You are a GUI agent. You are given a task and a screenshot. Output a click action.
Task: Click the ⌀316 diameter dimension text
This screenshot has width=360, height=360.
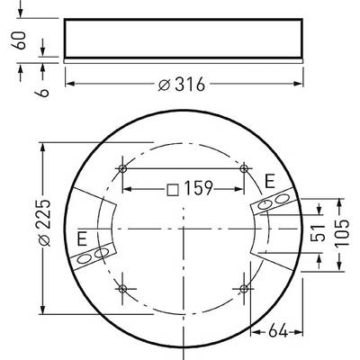pos(182,84)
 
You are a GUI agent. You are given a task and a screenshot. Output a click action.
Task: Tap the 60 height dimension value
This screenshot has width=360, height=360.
pos(19,40)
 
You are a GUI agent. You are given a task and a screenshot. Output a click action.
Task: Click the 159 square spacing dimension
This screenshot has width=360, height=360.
pos(198,188)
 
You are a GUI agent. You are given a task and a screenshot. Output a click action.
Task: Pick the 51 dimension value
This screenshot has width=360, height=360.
pos(318,232)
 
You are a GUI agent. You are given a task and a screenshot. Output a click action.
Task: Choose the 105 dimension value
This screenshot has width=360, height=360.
pos(342,233)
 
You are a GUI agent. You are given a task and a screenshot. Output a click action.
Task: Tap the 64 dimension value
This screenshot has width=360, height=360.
pos(278,332)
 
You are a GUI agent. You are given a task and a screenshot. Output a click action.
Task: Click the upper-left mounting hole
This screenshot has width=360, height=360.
pos(122,168)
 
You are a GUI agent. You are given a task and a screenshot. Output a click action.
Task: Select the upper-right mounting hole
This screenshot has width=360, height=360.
pos(244,168)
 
